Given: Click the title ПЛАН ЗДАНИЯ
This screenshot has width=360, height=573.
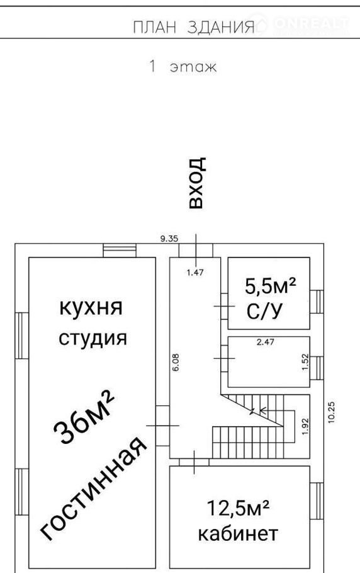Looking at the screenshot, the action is [x=193, y=28].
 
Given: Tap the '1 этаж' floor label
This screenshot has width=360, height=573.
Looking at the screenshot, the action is [x=183, y=67].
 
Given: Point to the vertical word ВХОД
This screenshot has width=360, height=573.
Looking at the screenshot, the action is [x=196, y=183].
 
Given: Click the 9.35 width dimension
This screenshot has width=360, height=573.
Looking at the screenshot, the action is [x=169, y=239].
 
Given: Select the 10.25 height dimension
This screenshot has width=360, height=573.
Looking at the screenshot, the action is [x=332, y=412].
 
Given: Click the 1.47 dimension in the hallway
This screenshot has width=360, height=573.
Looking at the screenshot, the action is [x=195, y=272].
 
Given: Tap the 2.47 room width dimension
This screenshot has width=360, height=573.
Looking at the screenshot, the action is [x=266, y=342].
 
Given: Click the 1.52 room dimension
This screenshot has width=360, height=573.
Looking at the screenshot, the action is [x=306, y=362].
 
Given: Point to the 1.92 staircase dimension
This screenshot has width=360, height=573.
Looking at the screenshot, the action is [x=306, y=426].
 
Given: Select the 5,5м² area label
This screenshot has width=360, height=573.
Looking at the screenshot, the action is [x=270, y=286].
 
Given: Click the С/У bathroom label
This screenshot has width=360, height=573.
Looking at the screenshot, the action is [x=265, y=311].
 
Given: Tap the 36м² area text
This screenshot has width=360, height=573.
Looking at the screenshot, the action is [x=84, y=417].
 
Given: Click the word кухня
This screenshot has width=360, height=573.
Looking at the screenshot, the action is [x=91, y=308].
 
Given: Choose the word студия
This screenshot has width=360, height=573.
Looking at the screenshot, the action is [x=93, y=338].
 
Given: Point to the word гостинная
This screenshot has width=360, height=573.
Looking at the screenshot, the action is [x=93, y=488].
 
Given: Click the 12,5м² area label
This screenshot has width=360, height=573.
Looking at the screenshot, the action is [x=239, y=508].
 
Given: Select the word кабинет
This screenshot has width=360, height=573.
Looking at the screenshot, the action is [x=238, y=534].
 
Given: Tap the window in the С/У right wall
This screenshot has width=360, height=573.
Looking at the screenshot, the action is [x=317, y=302].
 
